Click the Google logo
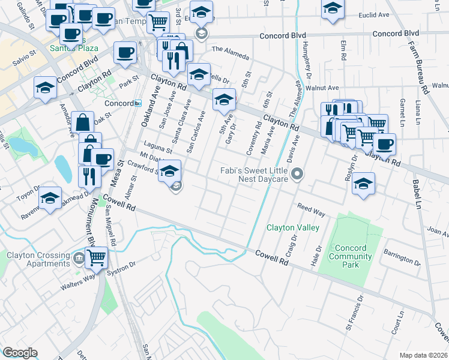coord(20,352)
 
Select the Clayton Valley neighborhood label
coord(293,228)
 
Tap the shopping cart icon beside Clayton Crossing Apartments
coord(96,257)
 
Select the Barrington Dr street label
coord(402,260)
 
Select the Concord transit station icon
coord(137,103)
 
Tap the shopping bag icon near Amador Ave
coord(83,122)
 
